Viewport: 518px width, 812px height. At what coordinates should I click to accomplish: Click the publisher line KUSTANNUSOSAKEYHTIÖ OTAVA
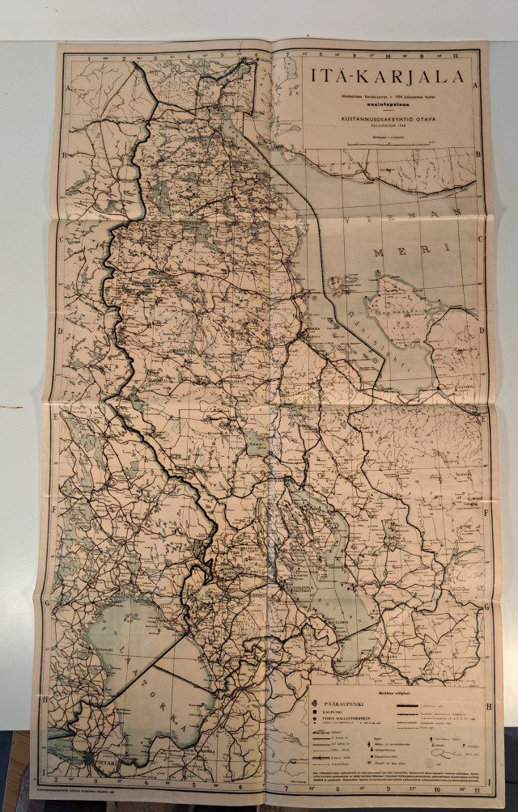click(x=375, y=116)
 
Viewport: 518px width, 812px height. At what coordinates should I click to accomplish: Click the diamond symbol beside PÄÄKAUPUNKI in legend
click(x=316, y=703)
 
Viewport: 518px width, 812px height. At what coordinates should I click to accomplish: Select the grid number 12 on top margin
click(x=456, y=55)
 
